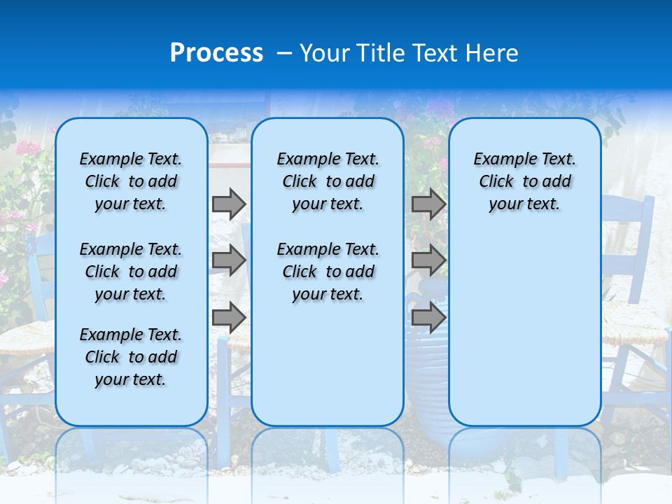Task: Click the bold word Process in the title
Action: (216, 53)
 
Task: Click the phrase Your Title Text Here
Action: (409, 53)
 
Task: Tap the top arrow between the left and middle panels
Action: (228, 204)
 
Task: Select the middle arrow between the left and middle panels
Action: (228, 260)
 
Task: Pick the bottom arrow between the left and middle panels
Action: (228, 317)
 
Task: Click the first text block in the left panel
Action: (131, 181)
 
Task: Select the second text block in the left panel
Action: (131, 272)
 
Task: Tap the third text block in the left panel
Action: (131, 357)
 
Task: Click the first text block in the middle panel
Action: (328, 181)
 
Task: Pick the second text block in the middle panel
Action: (328, 272)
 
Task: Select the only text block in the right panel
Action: (524, 181)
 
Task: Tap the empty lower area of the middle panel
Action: (328, 364)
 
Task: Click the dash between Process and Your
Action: (284, 53)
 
